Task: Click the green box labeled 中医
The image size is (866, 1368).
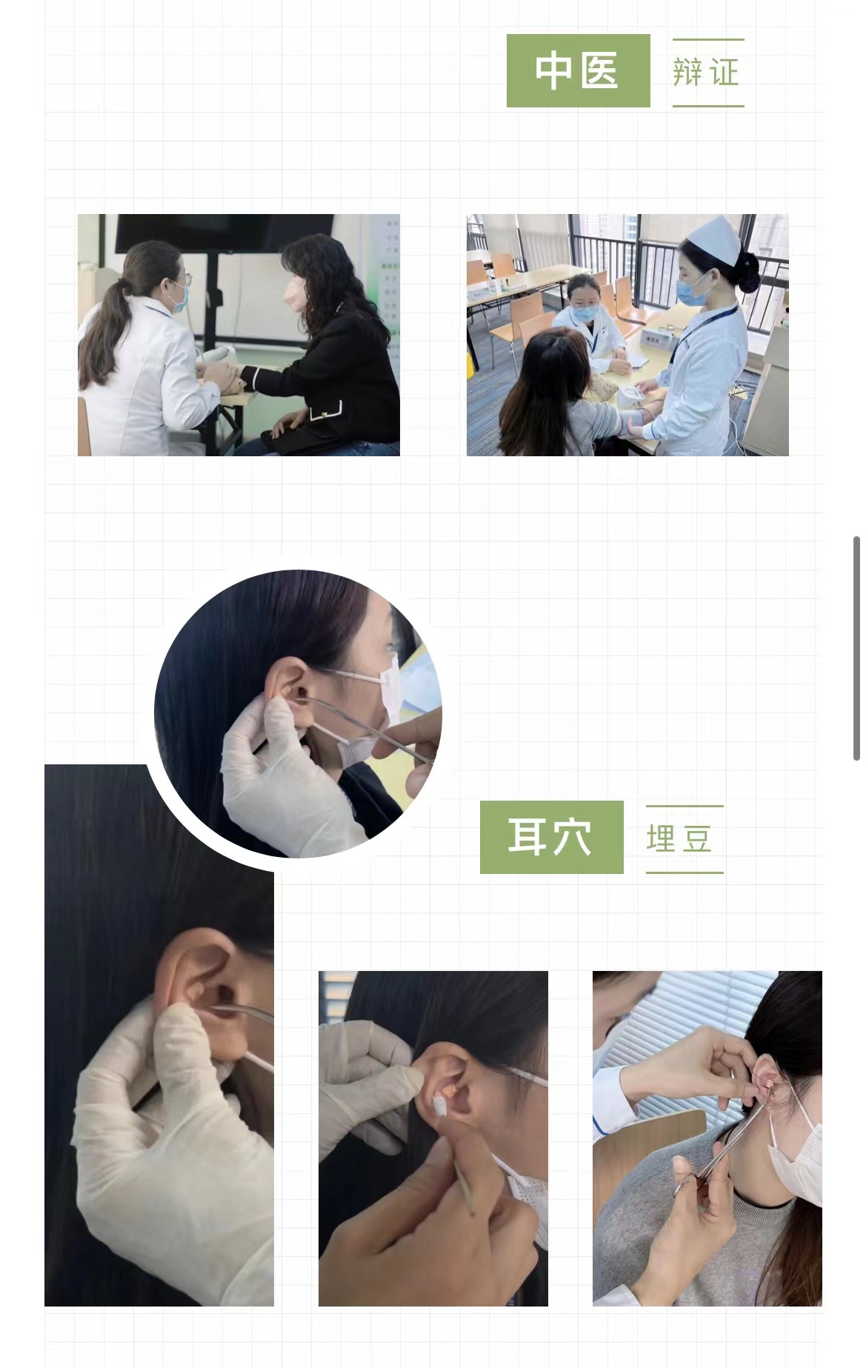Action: point(578,70)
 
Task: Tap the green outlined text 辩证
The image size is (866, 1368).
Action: point(707,73)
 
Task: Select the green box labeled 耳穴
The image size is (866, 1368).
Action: point(551,837)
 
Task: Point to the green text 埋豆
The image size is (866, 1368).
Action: point(680,839)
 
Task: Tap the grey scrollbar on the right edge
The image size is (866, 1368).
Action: point(857,649)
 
